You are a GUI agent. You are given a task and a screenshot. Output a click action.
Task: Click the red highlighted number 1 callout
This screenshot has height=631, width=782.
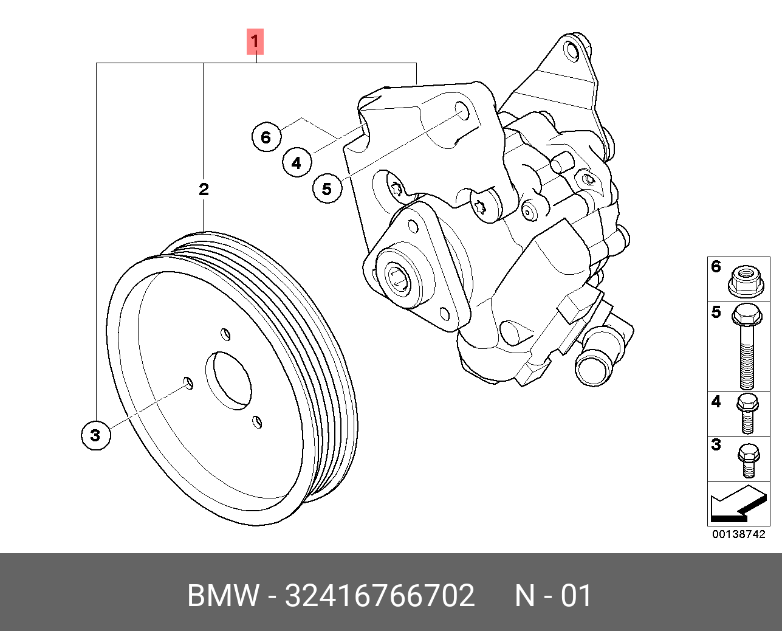(x=255, y=42)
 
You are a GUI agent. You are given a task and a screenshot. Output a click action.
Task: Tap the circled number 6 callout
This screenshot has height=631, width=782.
(x=266, y=137)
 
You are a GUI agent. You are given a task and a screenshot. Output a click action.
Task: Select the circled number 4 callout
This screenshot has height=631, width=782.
(x=296, y=163)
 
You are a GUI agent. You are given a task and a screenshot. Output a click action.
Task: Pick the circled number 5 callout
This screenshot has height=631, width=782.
(x=327, y=188)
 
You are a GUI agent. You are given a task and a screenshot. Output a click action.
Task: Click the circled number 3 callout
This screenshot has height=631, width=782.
(x=95, y=435)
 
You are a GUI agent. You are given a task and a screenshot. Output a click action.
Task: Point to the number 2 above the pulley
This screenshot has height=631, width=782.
(x=204, y=189)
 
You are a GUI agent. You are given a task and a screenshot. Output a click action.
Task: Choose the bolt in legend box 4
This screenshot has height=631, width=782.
(x=747, y=413)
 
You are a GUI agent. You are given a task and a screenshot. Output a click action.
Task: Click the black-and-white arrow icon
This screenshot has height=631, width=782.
(x=737, y=504)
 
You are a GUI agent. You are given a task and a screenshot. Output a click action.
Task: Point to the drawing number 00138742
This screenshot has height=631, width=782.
(x=738, y=535)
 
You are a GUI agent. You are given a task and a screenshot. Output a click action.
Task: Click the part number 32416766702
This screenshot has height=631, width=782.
(x=379, y=596)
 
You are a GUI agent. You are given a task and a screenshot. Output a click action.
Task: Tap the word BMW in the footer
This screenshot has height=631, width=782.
(x=224, y=596)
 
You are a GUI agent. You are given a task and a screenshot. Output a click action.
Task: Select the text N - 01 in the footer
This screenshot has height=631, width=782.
(x=553, y=596)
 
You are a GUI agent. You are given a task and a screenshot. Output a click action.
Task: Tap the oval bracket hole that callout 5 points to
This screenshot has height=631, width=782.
(x=462, y=112)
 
